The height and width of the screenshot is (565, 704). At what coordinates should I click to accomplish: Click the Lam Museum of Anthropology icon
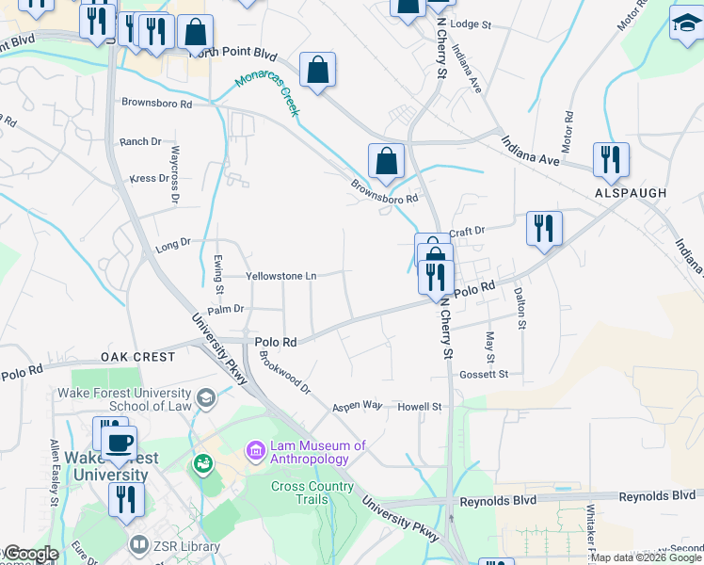coord(255,452)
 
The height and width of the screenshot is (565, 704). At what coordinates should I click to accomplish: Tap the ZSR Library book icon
coord(139,546)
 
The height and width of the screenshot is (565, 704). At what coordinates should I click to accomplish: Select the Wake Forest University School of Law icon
coord(204,399)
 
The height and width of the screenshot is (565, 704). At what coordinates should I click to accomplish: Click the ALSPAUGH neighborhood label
coord(631,193)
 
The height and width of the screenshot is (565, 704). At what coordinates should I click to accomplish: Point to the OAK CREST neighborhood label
coord(138,358)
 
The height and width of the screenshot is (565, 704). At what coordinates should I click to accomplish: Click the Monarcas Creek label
coord(266,95)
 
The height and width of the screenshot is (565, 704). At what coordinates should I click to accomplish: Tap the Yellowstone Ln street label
coord(280,277)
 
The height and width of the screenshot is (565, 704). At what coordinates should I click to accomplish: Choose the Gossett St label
coord(484,374)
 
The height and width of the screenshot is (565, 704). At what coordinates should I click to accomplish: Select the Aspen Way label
coord(357,407)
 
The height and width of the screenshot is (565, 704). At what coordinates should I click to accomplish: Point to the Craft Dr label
coord(466,231)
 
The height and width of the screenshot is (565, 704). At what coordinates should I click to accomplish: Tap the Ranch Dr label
coord(140,142)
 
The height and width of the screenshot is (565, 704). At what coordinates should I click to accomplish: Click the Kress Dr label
coord(149,178)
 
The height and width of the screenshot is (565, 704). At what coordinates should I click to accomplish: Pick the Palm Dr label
coord(225,309)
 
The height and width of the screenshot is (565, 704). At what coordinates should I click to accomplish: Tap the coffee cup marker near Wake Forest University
coord(120,443)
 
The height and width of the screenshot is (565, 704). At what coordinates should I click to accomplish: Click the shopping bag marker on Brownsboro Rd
coord(386,162)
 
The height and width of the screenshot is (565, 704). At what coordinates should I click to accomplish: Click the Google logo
coord(30,555)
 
